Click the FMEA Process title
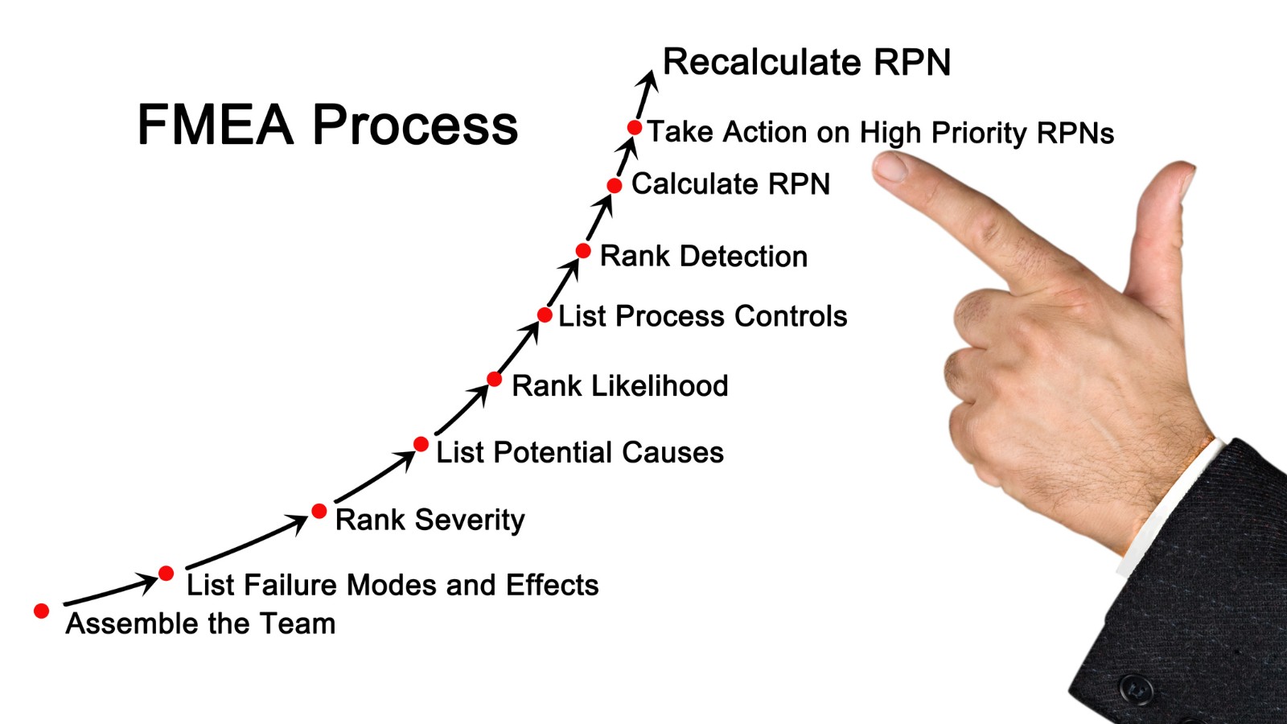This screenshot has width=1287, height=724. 327,125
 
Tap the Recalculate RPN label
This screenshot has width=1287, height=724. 806,62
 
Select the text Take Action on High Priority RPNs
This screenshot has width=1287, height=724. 880,133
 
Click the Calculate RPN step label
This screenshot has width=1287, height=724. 730,184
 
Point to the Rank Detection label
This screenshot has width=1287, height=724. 703,257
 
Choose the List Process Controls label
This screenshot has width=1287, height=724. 702,316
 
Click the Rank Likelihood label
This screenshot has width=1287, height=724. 619,386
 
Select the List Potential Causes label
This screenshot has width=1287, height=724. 579,453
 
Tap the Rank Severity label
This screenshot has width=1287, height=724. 430,520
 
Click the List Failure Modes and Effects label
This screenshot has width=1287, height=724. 393,585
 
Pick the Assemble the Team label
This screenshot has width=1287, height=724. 200,623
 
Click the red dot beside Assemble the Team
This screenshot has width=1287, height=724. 42,611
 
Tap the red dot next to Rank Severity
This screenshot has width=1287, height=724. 319,511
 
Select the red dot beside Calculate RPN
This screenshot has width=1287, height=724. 615,186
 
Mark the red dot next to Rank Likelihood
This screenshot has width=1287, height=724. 495,379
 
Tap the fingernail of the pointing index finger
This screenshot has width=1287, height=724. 890,167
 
